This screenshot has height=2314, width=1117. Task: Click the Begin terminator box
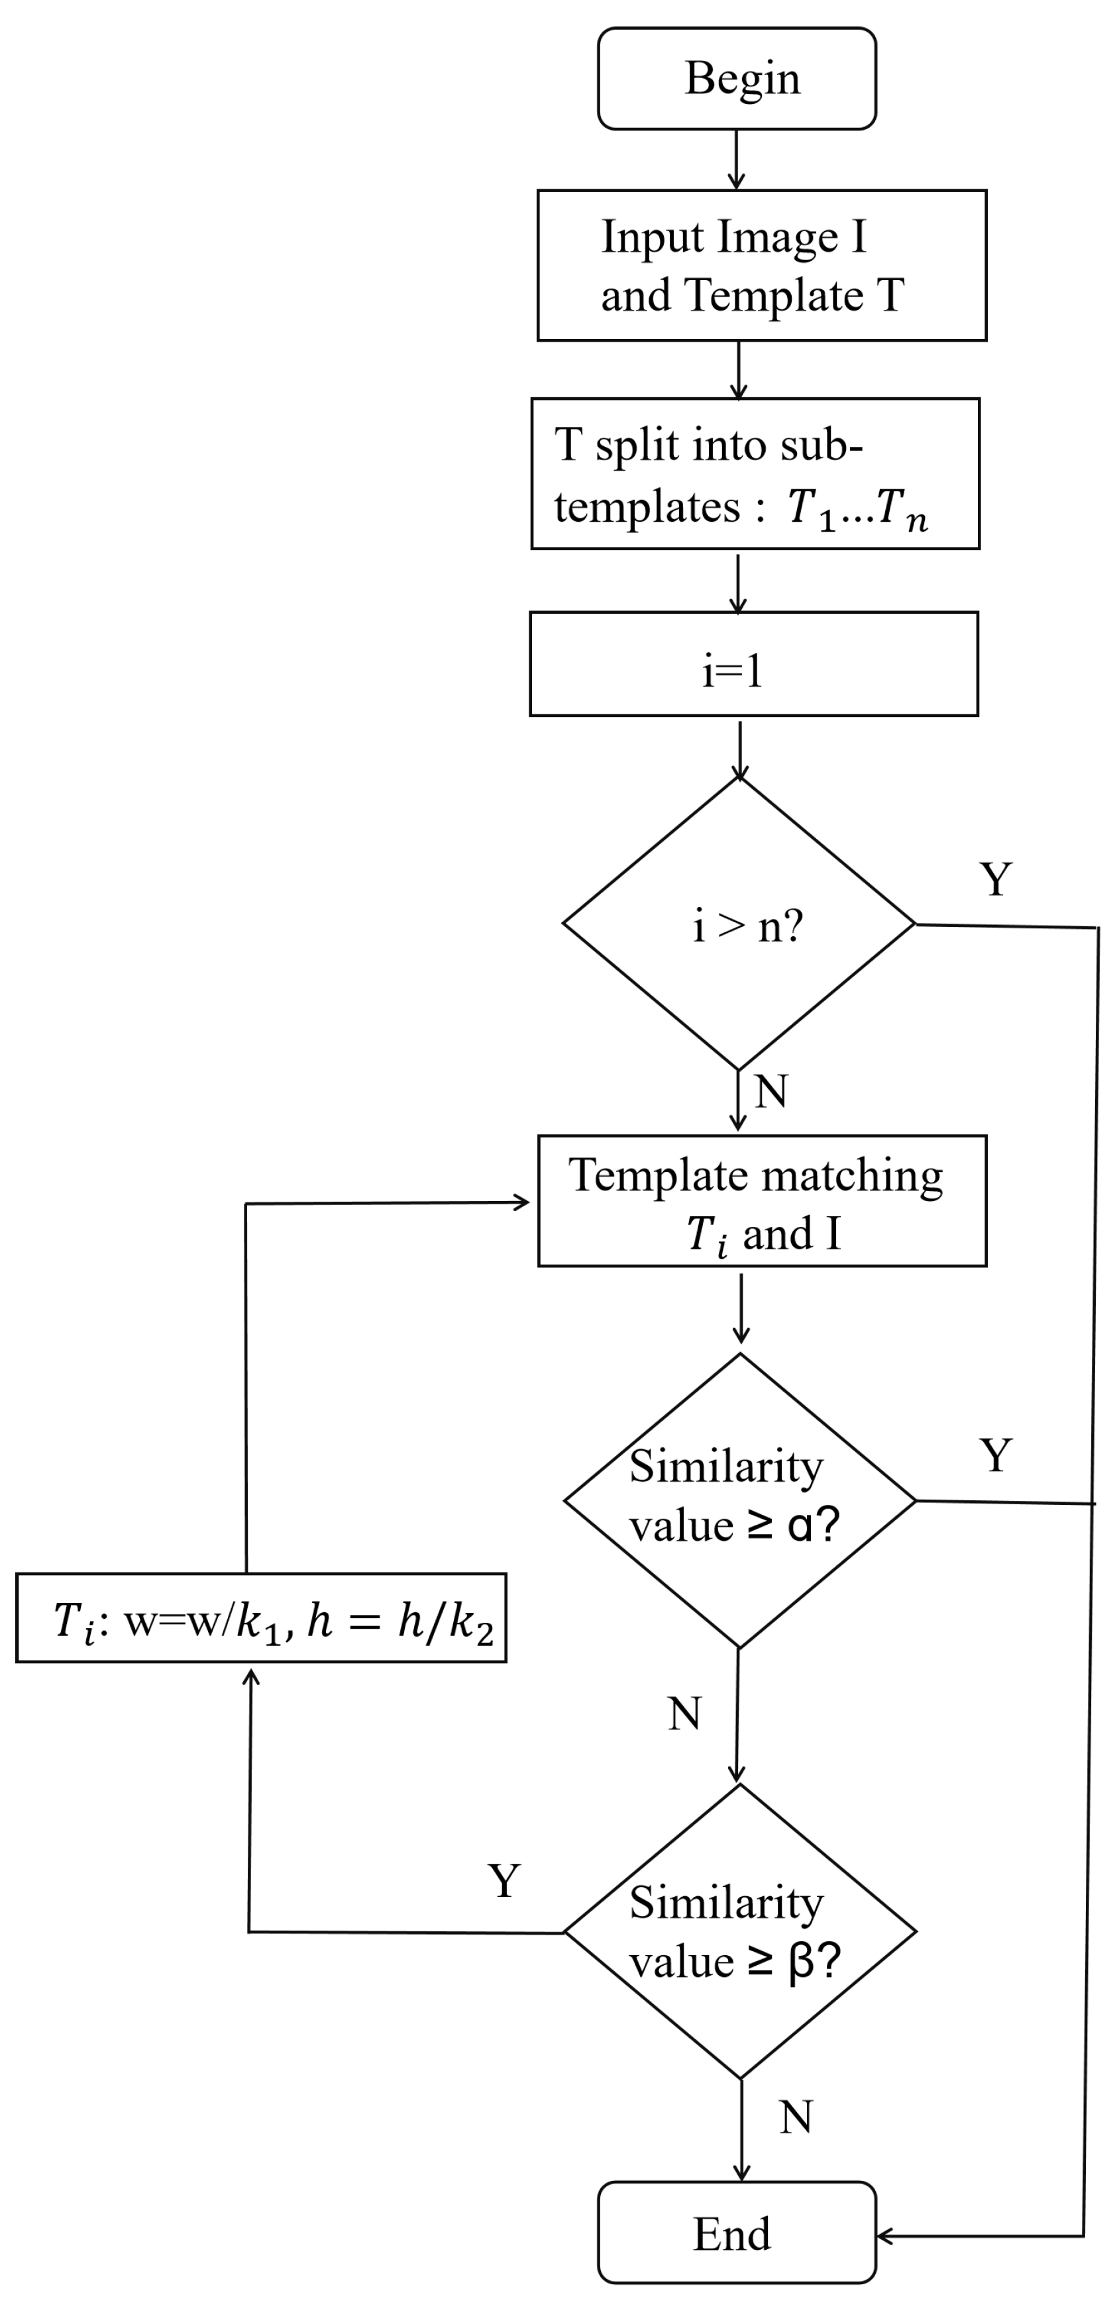pyautogui.click(x=737, y=78)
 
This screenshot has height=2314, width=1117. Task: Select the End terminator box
pyautogui.click(x=737, y=2233)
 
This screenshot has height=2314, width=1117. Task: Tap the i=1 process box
pyautogui.click(x=753, y=664)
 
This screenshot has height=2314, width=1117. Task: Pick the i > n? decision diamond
pyautogui.click(x=739, y=924)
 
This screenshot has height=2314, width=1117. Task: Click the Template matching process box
pyautogui.click(x=762, y=1201)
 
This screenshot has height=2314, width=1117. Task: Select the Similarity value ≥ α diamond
pyautogui.click(x=739, y=1500)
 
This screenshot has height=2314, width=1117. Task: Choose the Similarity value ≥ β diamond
pyautogui.click(x=739, y=1931)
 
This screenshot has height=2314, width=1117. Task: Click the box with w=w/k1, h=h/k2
pyautogui.click(x=260, y=1618)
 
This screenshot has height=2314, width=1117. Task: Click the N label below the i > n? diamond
pyautogui.click(x=771, y=1091)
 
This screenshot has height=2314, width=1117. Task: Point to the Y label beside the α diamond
pyautogui.click(x=996, y=1455)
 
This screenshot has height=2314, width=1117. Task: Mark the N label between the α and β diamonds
pyautogui.click(x=685, y=1714)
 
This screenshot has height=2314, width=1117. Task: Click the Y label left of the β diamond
pyautogui.click(x=504, y=1880)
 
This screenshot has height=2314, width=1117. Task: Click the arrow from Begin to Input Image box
pyautogui.click(x=736, y=160)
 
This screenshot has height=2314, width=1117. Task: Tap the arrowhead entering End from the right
pyautogui.click(x=882, y=2236)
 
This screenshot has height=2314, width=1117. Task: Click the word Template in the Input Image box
pyautogui.click(x=773, y=295)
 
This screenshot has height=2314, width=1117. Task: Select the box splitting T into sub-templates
pyautogui.click(x=755, y=473)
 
